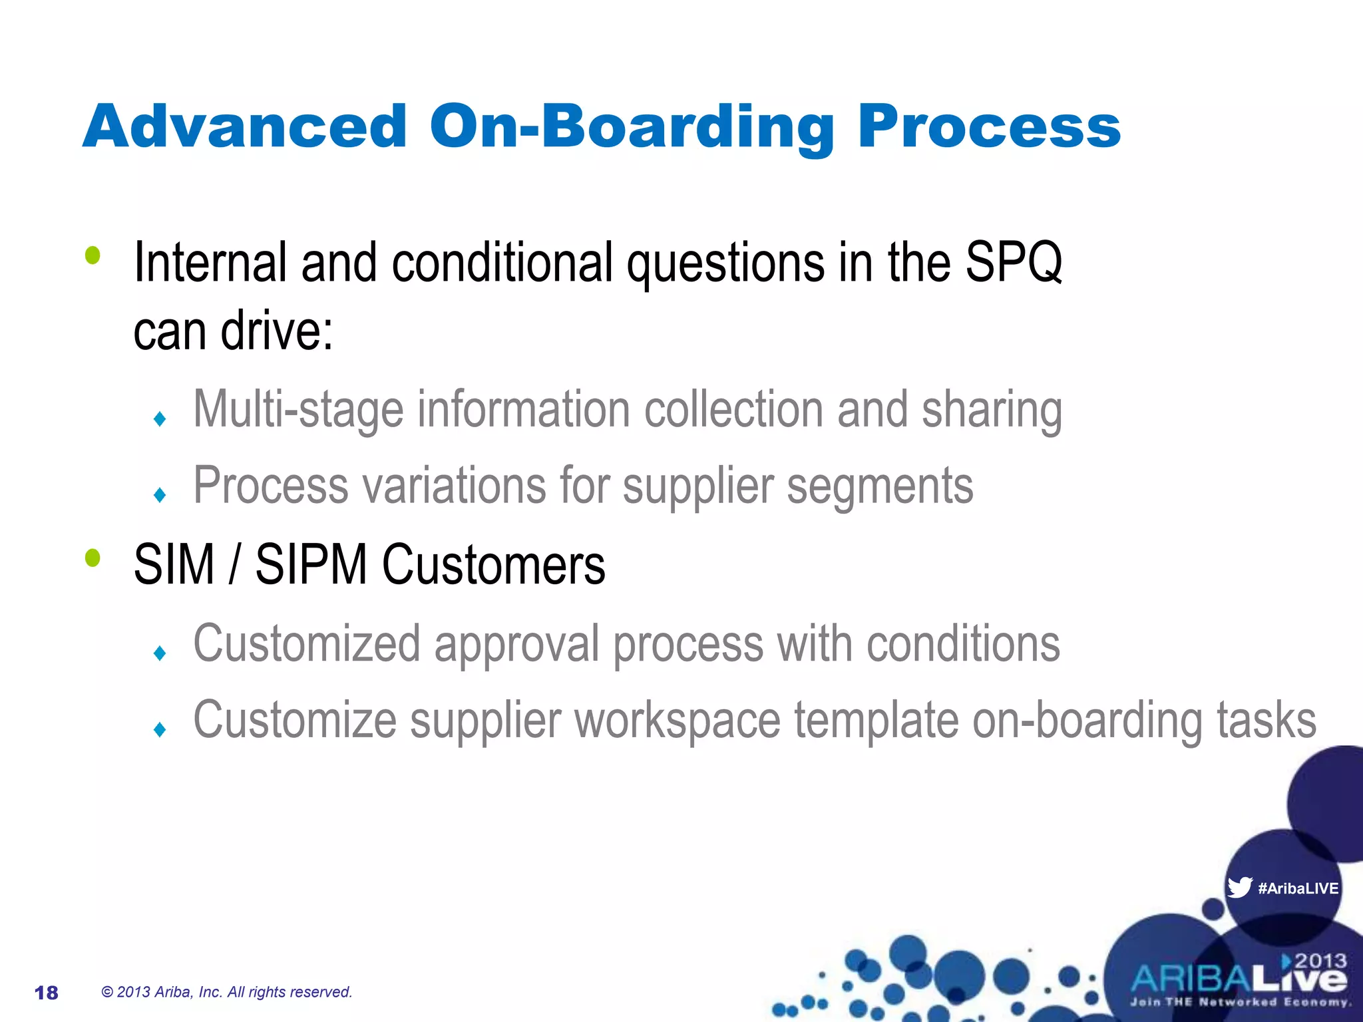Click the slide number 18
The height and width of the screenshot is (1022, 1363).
tap(46, 993)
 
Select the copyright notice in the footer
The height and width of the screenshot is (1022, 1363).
tap(226, 992)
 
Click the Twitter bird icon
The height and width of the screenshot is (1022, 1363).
tap(1240, 888)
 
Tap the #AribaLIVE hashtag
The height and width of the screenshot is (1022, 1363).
tap(1298, 888)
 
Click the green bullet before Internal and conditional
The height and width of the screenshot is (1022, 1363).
tap(93, 255)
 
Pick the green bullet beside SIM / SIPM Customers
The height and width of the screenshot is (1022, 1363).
tap(93, 558)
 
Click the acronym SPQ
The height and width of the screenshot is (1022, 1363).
tap(1013, 263)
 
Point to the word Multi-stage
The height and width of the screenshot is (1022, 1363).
tap(298, 409)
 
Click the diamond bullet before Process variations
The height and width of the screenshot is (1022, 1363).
tap(160, 495)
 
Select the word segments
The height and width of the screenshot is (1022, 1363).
tap(880, 486)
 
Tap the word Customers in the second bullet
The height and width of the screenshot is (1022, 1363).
tap(493, 565)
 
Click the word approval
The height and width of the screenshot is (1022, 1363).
tap(516, 644)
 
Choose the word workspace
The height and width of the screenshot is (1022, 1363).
tap(677, 721)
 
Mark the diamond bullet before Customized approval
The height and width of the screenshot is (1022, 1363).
tap(160, 653)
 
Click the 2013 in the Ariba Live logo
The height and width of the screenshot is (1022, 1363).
tap(1320, 961)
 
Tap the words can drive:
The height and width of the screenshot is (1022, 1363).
tap(233, 331)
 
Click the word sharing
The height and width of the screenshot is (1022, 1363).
tap(991, 409)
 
